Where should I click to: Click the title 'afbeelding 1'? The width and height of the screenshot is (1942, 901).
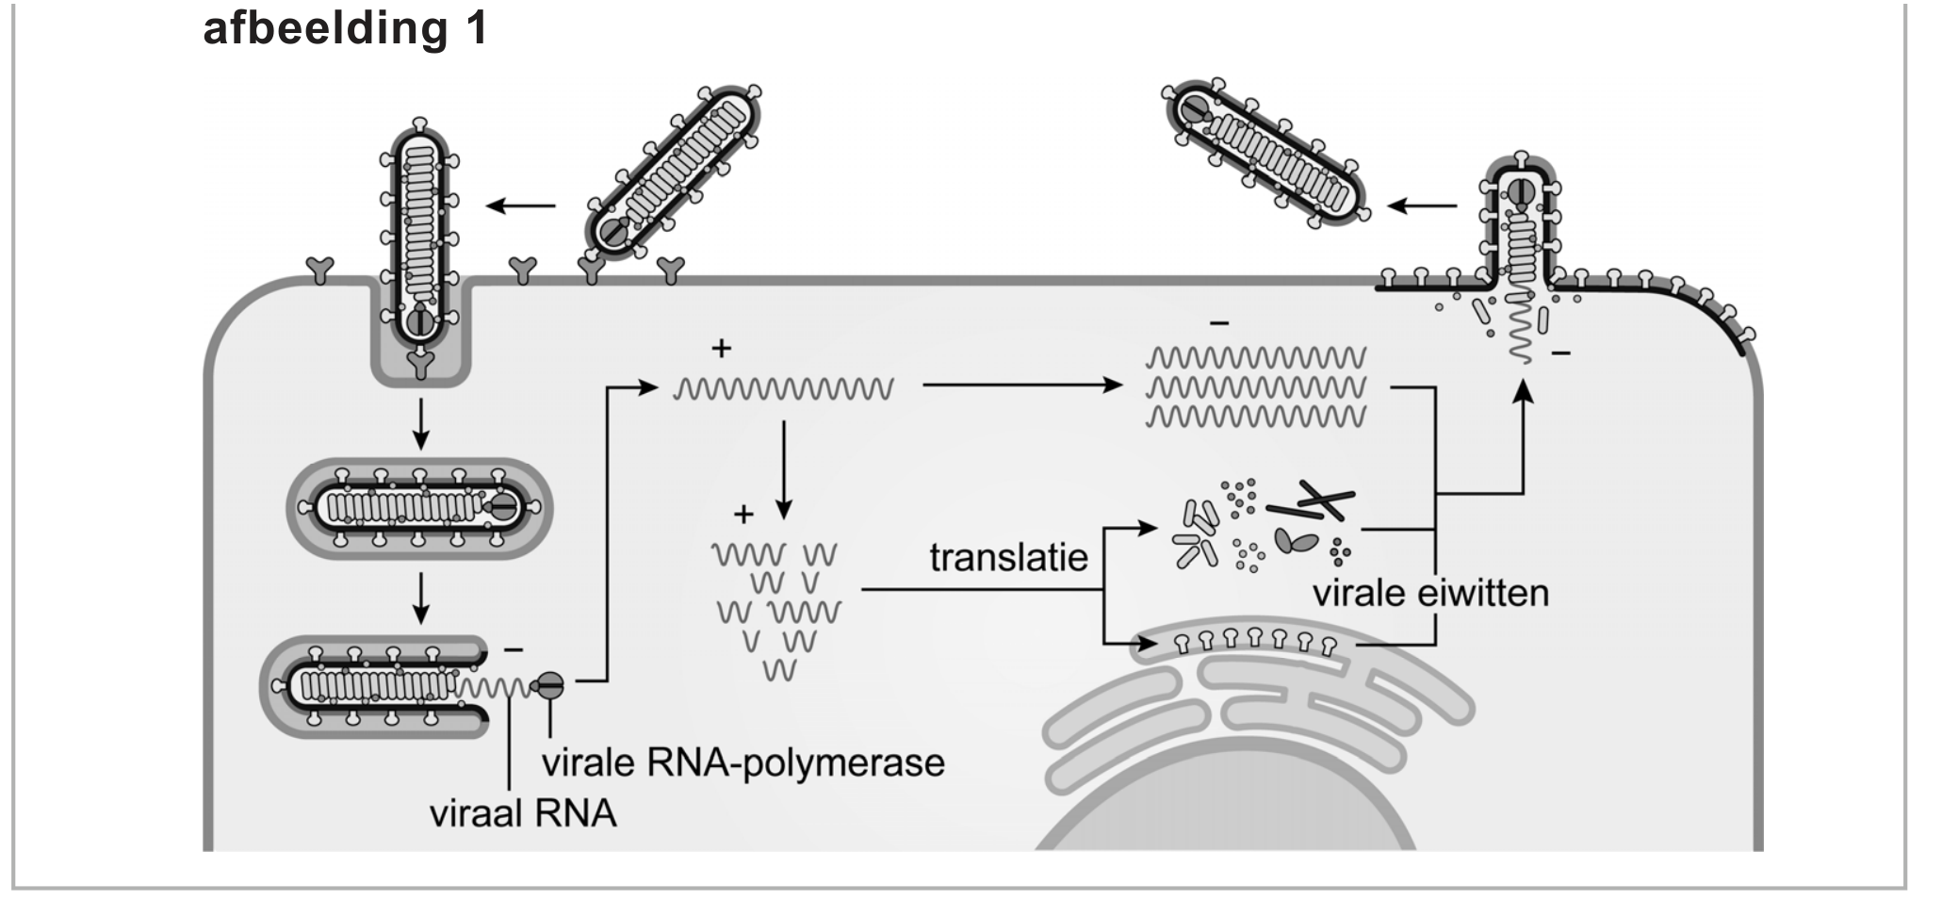[x=345, y=29]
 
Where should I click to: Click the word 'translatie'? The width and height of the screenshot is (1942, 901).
[x=1008, y=557]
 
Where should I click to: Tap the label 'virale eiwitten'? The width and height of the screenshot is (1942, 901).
[x=1430, y=594]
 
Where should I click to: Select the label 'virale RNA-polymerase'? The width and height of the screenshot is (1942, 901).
[x=743, y=762]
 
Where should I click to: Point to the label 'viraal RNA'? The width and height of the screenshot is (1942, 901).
[x=523, y=813]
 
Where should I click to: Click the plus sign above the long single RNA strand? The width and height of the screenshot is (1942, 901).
[x=721, y=349]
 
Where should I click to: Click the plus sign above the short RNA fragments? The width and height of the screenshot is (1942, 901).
[x=743, y=515]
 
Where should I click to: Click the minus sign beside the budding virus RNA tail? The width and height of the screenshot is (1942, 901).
[x=1560, y=353]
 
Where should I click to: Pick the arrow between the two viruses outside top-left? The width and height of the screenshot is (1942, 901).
[x=521, y=205]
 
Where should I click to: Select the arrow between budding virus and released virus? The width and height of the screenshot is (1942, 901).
[x=1423, y=205]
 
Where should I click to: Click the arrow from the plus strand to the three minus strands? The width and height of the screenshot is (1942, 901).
[x=1022, y=385]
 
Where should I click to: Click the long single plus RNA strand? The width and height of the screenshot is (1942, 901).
[x=783, y=388]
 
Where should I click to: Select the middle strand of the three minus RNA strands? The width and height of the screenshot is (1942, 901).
[x=1255, y=387]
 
